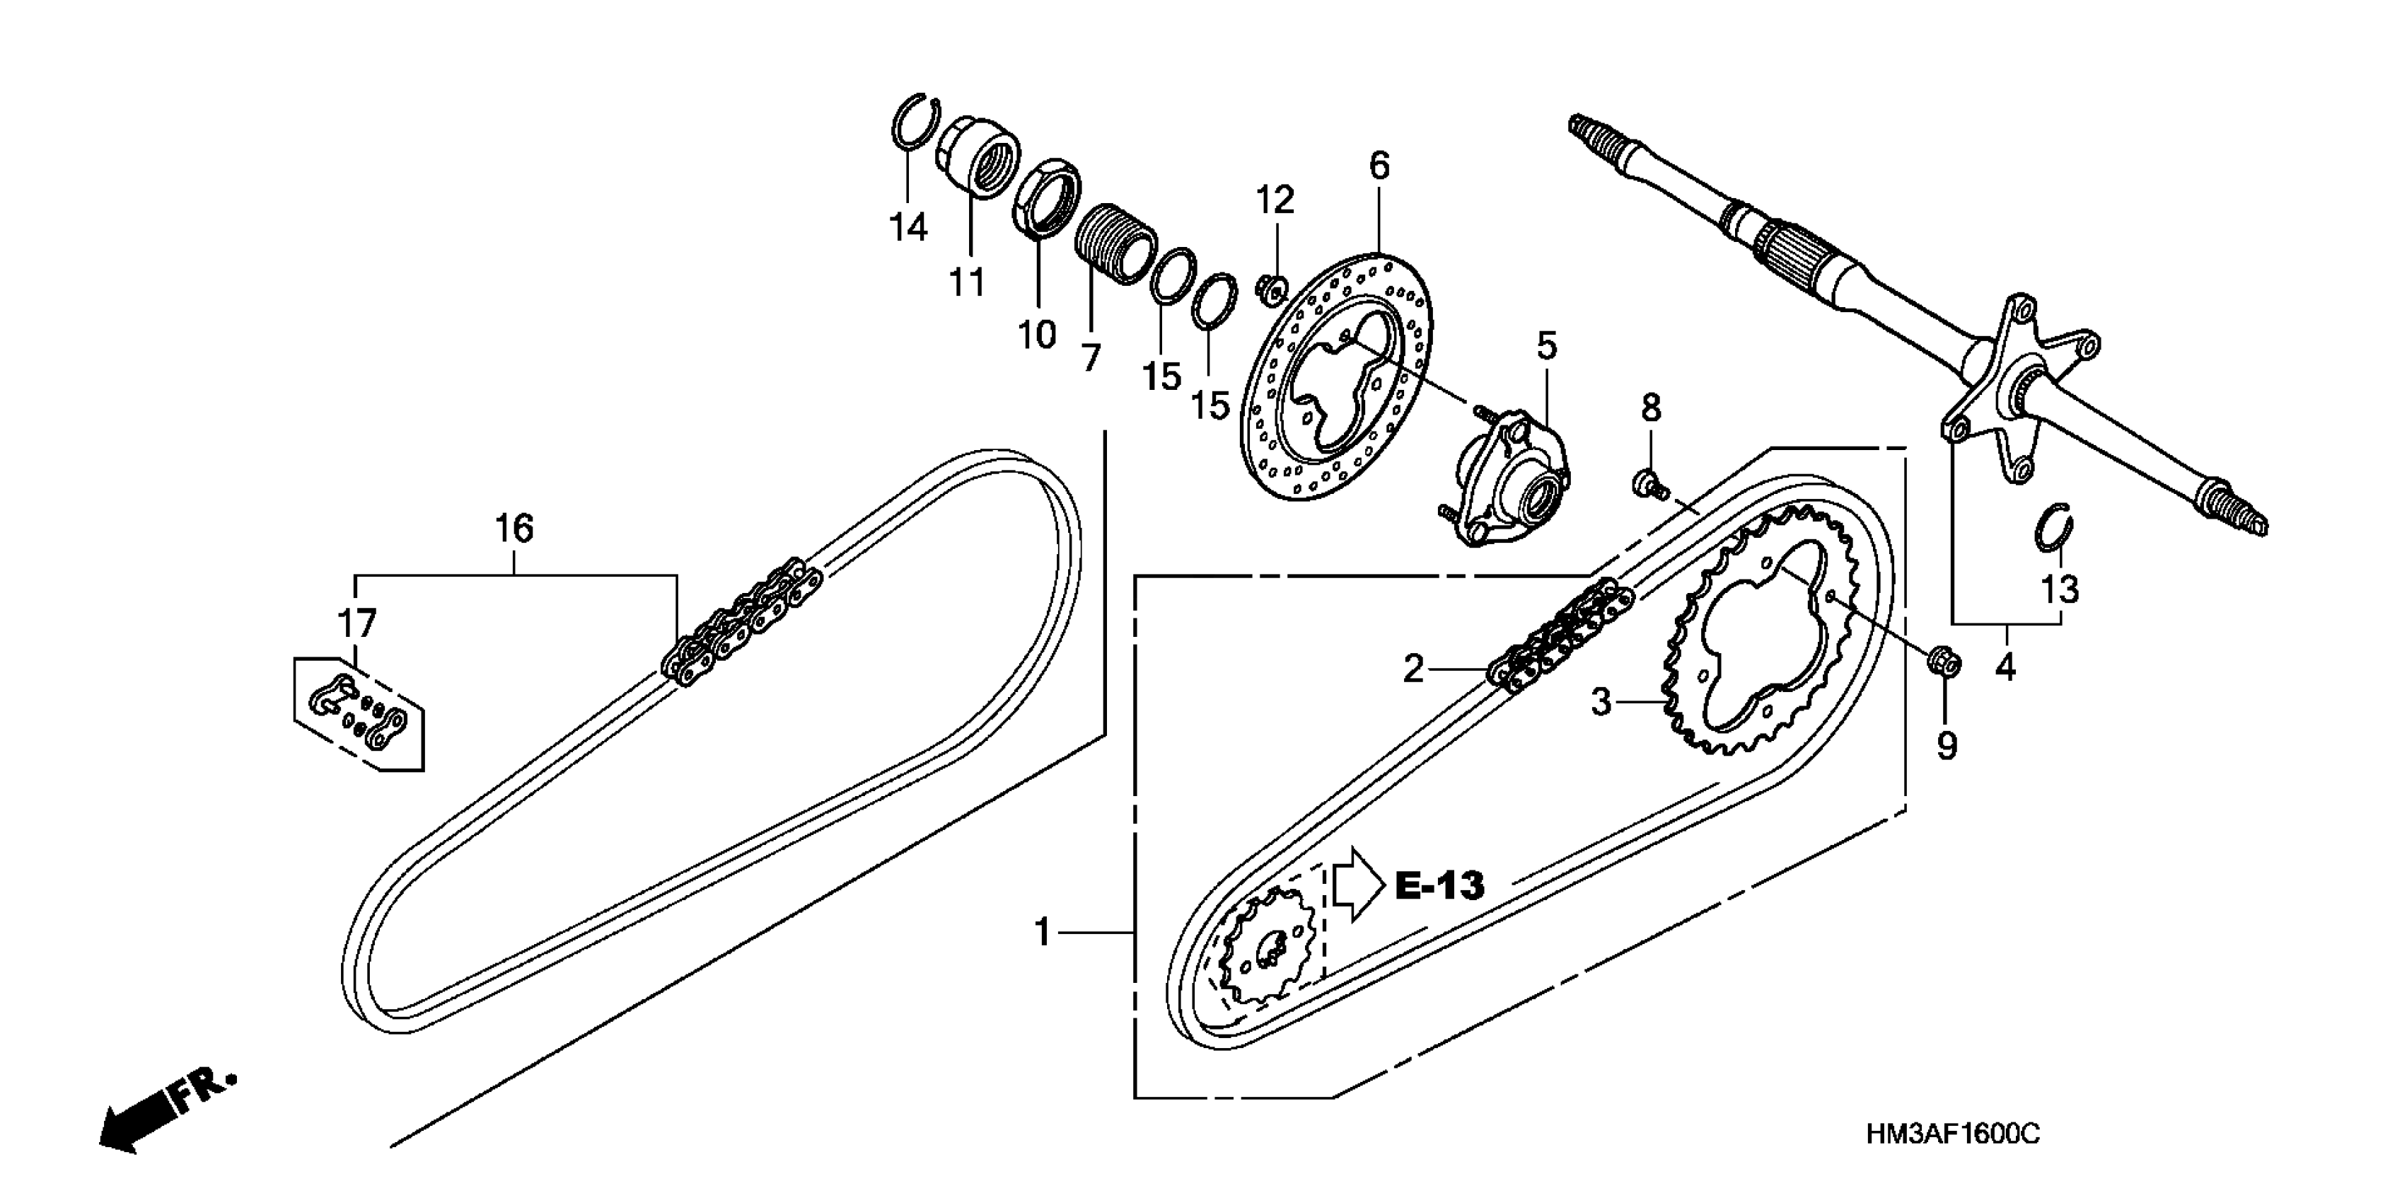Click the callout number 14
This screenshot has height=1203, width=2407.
point(907,226)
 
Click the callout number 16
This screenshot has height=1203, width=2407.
point(514,529)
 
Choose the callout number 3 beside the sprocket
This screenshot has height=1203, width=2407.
point(1601,701)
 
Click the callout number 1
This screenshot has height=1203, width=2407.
point(1043,932)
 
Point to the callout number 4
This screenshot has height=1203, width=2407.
point(2005,667)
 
